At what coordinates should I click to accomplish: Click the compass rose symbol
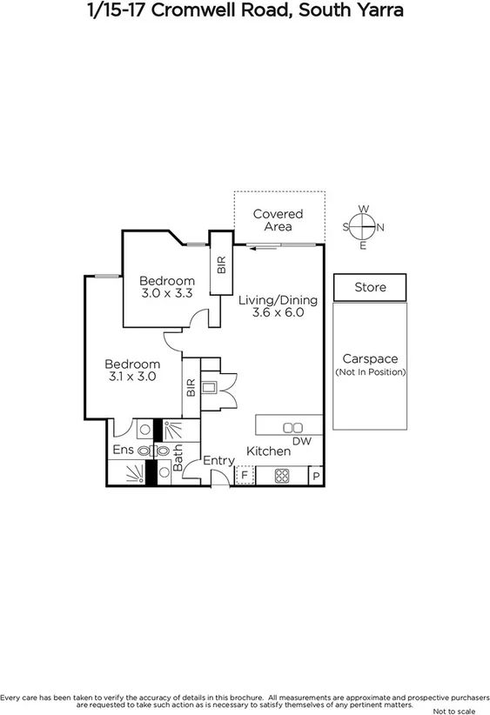(363, 227)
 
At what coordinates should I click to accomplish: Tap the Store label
(370, 287)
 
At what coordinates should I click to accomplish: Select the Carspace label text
(370, 358)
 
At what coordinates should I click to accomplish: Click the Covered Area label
(279, 219)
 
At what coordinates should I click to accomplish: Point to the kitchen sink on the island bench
(293, 426)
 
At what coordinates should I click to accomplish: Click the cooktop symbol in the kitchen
(283, 476)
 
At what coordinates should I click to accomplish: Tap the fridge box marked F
(245, 476)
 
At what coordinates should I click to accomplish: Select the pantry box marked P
(315, 477)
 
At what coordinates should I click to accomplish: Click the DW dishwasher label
(301, 441)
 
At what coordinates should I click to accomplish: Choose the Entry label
(218, 460)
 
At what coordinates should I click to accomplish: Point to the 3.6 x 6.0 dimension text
(277, 313)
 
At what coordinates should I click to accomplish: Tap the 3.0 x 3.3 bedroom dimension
(166, 294)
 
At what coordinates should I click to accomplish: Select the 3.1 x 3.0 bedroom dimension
(132, 377)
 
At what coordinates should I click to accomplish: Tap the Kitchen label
(268, 451)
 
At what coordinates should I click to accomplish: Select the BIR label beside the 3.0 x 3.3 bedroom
(221, 264)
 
